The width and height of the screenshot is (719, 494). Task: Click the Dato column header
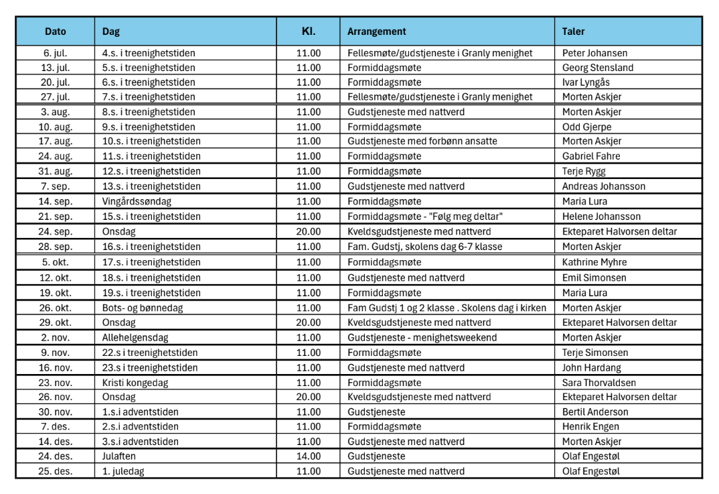click(x=56, y=32)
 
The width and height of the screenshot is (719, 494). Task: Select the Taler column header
click(x=574, y=32)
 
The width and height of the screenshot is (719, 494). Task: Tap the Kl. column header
click(x=308, y=32)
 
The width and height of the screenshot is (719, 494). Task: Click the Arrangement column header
click(x=376, y=32)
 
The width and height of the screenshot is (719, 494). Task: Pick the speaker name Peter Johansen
click(x=594, y=53)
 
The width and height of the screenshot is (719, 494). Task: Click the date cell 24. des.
click(x=56, y=456)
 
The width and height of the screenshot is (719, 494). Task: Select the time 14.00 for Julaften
click(x=309, y=456)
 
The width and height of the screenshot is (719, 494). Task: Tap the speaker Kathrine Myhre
click(x=594, y=262)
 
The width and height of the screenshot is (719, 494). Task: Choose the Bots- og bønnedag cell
click(x=143, y=308)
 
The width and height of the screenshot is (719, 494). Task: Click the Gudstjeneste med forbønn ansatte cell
click(x=422, y=141)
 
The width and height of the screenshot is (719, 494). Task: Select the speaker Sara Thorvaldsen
click(x=599, y=383)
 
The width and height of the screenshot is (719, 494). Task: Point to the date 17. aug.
click(x=56, y=141)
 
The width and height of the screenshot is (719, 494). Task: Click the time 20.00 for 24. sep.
click(x=309, y=231)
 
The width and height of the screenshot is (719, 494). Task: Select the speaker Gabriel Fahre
click(x=591, y=156)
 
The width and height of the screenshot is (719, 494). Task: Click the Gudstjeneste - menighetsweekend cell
click(x=422, y=337)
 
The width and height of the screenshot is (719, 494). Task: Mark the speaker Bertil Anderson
click(x=595, y=412)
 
